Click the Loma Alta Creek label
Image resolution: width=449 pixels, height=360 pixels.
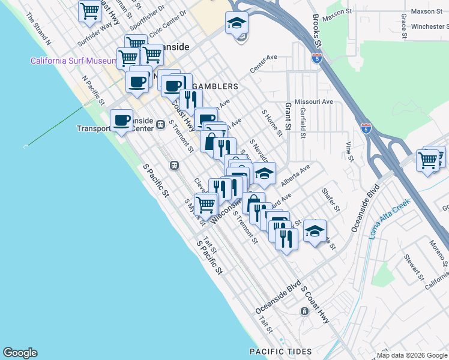(389, 219)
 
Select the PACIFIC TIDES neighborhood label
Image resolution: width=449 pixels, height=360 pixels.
(281, 352)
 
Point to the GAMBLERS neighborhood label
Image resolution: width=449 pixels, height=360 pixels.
(214, 86)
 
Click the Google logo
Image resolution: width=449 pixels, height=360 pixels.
(20, 353)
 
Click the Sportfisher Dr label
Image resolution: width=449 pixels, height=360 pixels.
(141, 20)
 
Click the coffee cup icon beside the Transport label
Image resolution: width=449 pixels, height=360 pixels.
(122, 120)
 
